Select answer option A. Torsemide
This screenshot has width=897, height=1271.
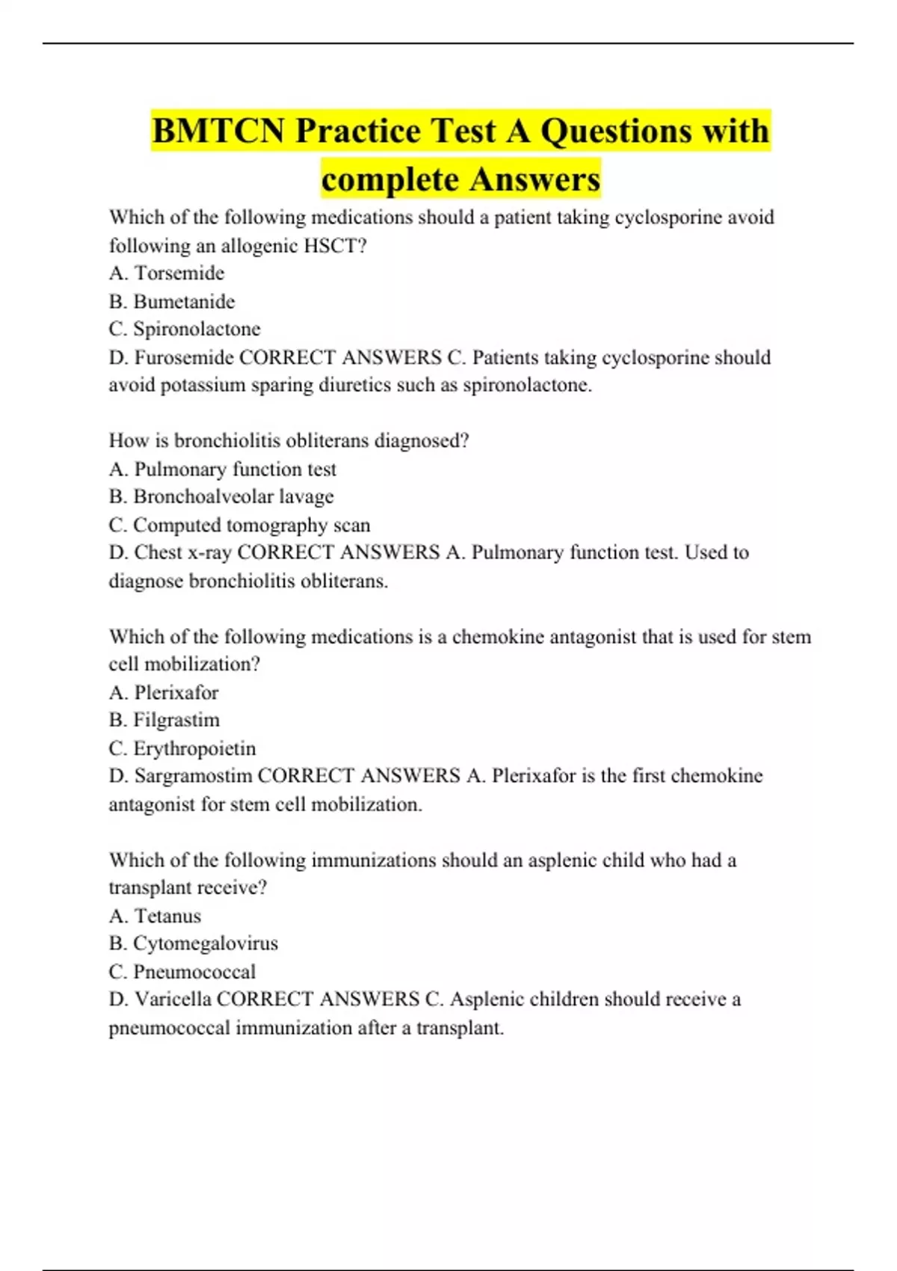click(167, 273)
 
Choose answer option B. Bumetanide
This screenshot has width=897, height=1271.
click(172, 301)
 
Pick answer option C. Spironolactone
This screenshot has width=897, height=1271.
click(185, 329)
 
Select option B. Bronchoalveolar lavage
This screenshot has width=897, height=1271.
click(221, 496)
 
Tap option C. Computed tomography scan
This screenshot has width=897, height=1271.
click(239, 525)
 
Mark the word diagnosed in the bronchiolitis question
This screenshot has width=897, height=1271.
click(417, 440)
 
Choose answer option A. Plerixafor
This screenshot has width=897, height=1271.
click(164, 692)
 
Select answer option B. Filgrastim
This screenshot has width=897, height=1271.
click(164, 720)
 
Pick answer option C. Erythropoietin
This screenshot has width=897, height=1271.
click(182, 748)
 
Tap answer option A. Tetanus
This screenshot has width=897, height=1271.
click(155, 916)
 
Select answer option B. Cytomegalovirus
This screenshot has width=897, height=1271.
click(194, 944)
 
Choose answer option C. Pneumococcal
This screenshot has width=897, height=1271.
click(182, 972)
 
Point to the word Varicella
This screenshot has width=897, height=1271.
click(172, 1000)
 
